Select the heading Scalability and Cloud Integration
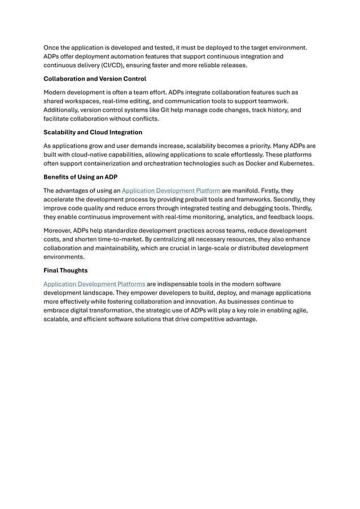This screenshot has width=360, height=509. tap(93, 132)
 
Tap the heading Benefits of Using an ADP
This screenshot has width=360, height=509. tap(80, 177)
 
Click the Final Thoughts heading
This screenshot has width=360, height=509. tap(65, 270)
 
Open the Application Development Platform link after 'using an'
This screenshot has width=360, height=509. tap(171, 191)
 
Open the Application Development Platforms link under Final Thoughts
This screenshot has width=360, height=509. tap(94, 284)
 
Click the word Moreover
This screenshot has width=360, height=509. tap(57, 230)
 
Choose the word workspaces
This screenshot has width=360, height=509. tap(81, 101)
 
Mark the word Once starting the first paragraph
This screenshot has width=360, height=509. tap(52, 47)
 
